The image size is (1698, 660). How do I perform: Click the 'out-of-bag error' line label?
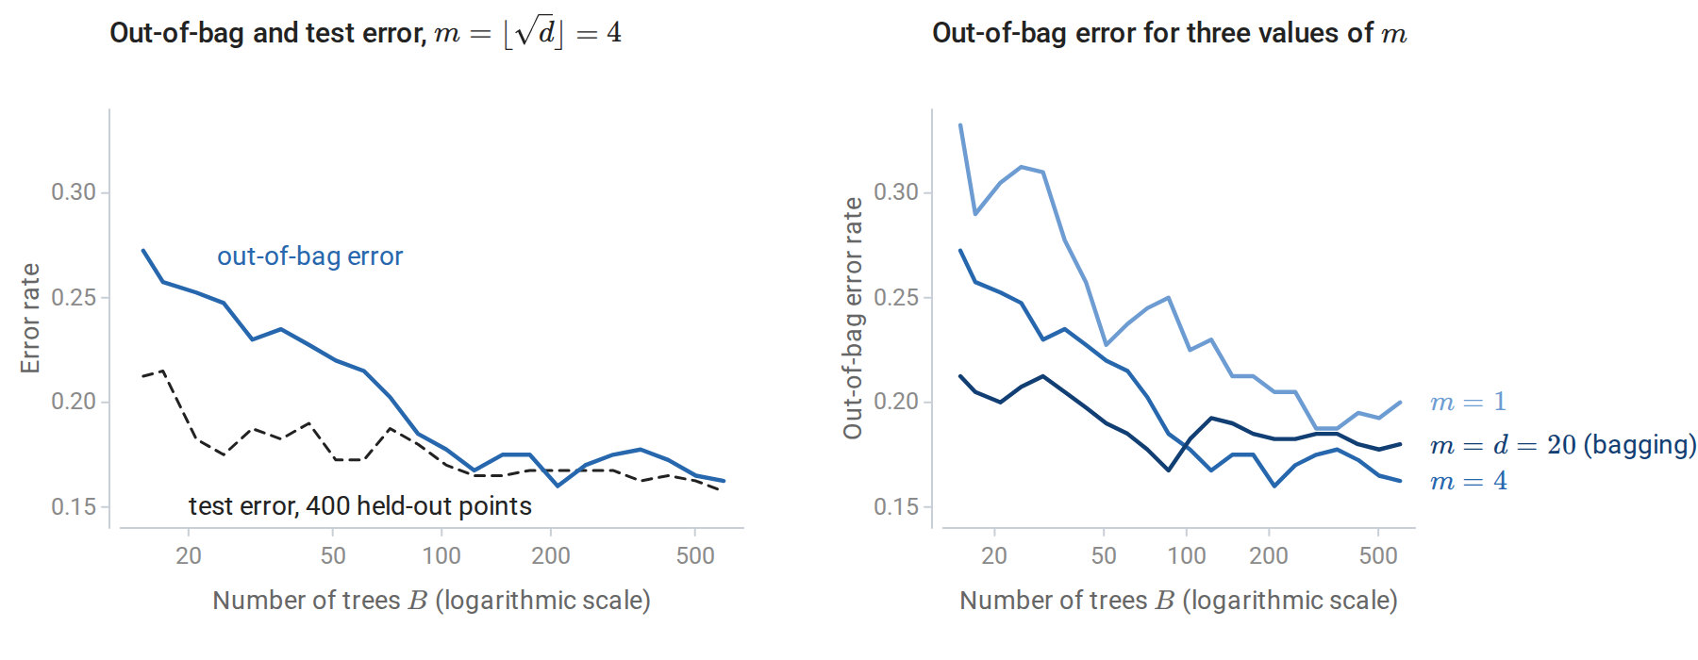[309, 256]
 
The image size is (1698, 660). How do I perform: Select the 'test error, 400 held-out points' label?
[360, 506]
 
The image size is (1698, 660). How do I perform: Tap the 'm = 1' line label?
[1468, 402]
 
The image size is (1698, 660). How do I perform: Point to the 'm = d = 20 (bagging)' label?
[1563, 445]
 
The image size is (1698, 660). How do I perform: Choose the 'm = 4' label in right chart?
[1468, 482]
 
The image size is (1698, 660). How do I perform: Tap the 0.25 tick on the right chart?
[896, 298]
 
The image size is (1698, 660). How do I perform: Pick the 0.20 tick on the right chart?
[896, 402]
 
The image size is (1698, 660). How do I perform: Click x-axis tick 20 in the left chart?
[189, 555]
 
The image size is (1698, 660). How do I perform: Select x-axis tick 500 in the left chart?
[695, 555]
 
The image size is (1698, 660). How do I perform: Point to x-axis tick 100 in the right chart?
[1187, 555]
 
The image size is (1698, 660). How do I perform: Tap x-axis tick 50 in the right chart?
[1104, 555]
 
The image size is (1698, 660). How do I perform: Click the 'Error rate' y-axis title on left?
[30, 319]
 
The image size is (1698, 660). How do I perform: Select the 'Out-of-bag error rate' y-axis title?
[853, 319]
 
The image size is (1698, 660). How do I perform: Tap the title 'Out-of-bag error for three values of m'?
[1170, 33]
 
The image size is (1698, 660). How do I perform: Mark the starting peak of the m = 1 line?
[960, 124]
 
